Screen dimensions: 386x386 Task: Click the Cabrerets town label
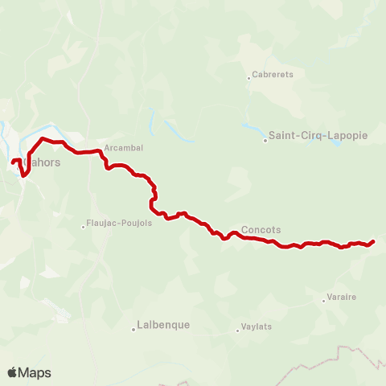click(x=273, y=77)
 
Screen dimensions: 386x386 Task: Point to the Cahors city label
click(x=45, y=162)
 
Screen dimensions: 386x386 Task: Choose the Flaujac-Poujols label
click(x=119, y=224)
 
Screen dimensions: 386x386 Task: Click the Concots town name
click(x=261, y=229)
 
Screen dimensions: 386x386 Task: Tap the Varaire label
click(x=343, y=297)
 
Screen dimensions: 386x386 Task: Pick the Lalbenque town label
click(x=164, y=325)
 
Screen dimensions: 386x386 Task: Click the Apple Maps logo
click(x=29, y=372)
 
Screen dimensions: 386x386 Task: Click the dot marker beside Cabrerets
click(x=249, y=78)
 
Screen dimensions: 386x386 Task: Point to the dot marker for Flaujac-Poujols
click(x=84, y=226)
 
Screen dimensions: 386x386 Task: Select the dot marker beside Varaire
click(x=323, y=301)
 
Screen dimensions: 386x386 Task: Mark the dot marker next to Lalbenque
click(x=133, y=329)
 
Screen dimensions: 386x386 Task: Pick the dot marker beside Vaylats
click(x=239, y=329)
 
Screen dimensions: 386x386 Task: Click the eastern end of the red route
click(x=374, y=241)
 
